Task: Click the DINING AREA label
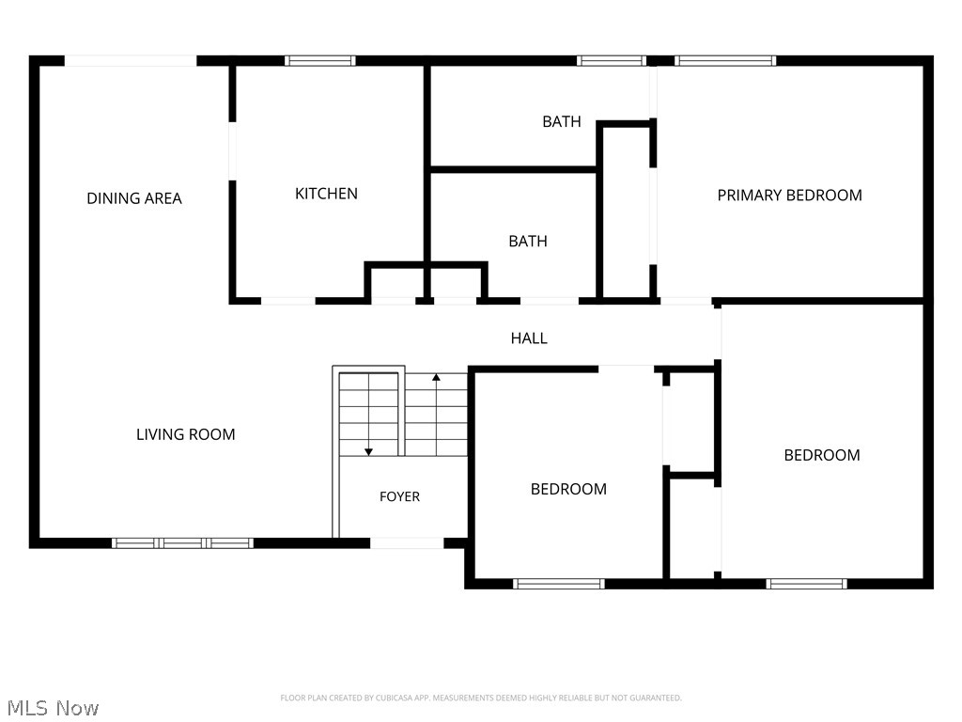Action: point(134,198)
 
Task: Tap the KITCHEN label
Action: point(326,194)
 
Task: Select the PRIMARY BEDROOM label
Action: point(789,196)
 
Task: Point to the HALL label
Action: point(529,338)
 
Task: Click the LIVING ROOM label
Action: point(186,434)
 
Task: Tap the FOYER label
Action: point(399,496)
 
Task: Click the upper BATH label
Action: point(562,121)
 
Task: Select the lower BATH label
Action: point(528,242)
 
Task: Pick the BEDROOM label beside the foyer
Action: point(568,489)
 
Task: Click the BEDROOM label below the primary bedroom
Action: point(822,456)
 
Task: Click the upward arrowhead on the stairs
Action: point(436,377)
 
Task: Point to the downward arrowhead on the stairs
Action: point(368,452)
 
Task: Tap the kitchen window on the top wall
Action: point(319,61)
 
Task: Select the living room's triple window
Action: point(182,543)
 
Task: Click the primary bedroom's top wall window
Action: point(725,61)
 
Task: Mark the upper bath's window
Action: point(611,61)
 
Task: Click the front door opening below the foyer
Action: point(407,543)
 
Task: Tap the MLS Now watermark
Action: point(53,708)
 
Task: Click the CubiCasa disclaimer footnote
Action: point(481,698)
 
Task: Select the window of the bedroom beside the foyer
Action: point(559,584)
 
